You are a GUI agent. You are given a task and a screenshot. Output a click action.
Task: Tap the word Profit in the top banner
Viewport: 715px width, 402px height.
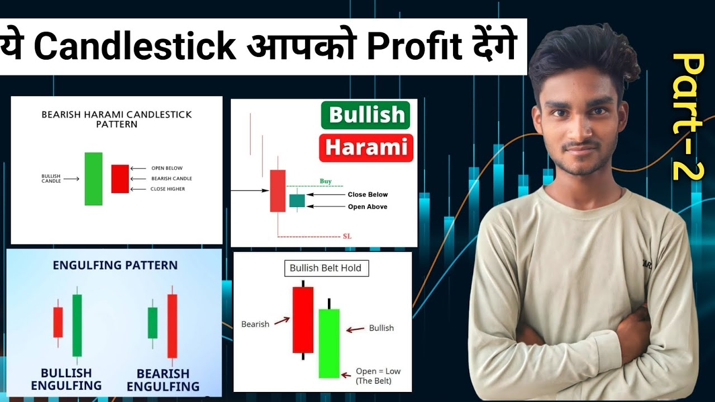point(413,47)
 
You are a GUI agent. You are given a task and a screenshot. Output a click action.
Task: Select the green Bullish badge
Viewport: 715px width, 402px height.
point(365,115)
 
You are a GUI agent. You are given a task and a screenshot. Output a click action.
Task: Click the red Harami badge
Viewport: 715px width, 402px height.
point(366,147)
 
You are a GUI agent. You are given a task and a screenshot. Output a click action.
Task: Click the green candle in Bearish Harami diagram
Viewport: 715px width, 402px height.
point(94,179)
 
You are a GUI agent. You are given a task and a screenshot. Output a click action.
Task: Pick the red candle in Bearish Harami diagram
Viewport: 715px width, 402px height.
point(120,179)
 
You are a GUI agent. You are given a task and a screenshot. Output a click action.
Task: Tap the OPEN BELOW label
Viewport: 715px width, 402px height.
point(166,168)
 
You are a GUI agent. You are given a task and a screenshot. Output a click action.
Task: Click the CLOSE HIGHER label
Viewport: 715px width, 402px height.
point(168,189)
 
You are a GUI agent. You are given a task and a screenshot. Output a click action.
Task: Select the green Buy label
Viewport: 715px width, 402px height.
point(325,181)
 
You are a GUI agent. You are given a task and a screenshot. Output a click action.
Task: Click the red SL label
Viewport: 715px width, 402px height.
point(347,237)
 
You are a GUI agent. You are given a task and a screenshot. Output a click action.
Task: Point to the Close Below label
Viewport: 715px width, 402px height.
point(368,194)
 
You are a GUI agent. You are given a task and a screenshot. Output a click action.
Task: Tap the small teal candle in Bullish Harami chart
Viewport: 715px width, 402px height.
point(297,201)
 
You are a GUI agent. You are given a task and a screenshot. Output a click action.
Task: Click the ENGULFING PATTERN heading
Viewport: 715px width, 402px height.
point(115,265)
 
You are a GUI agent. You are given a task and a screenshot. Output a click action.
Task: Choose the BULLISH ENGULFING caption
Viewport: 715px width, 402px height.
point(66,379)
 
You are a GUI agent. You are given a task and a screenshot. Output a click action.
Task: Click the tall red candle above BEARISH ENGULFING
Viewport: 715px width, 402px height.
point(172,326)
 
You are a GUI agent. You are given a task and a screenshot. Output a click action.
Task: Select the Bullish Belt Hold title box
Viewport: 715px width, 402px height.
point(325,268)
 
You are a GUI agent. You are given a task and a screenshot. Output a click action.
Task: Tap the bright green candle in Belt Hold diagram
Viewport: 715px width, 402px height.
point(329,343)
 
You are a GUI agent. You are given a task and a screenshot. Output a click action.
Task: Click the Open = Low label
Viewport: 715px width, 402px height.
point(378,371)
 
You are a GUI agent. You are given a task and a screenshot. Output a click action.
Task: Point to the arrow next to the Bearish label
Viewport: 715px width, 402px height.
point(282,320)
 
